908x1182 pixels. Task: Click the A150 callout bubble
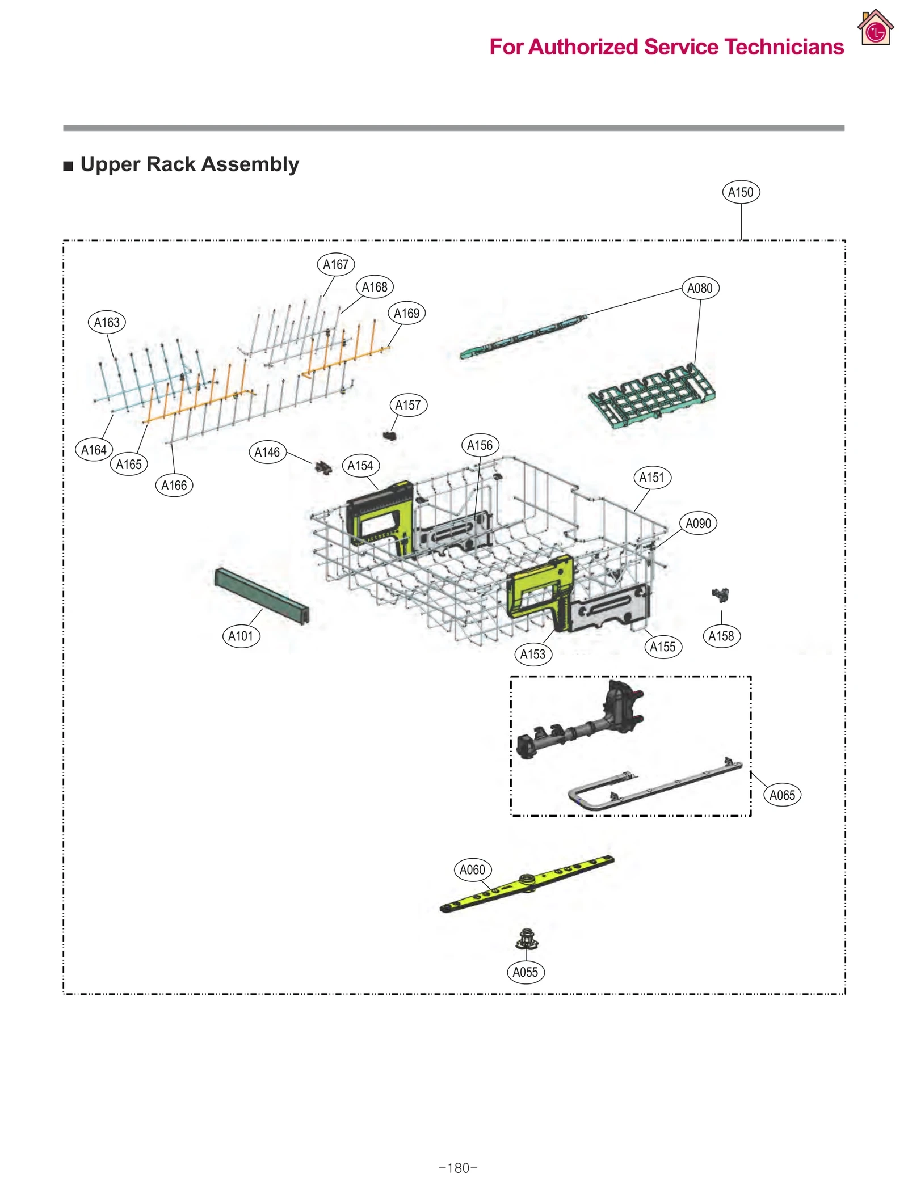click(740, 192)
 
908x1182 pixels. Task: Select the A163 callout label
click(107, 322)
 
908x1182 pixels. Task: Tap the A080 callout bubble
click(699, 288)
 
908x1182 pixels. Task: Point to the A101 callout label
click(241, 636)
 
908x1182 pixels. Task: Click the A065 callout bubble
click(781, 795)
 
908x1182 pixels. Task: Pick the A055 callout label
click(525, 972)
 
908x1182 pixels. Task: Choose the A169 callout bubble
click(406, 313)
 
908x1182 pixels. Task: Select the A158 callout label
click(721, 636)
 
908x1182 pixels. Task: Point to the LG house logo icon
click(875, 28)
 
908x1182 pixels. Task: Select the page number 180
click(458, 1168)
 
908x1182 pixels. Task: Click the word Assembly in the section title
click(250, 164)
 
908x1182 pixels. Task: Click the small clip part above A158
click(720, 594)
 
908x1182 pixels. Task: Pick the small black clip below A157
click(389, 436)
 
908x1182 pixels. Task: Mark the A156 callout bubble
click(480, 445)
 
